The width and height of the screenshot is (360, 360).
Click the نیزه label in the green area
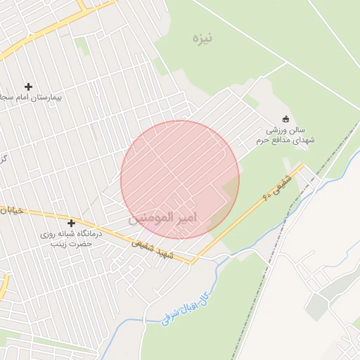click(x=202, y=37)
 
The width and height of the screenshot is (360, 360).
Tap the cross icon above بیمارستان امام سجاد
click(x=29, y=86)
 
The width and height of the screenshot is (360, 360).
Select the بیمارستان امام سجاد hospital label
click(x=32, y=97)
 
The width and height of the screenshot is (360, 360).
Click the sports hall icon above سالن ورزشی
click(x=285, y=119)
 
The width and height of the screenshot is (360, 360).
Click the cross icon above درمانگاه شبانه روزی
click(x=71, y=223)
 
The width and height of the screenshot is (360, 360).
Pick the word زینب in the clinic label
click(x=67, y=243)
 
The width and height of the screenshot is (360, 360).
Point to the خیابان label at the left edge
click(x=8, y=210)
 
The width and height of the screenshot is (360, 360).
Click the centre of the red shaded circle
click(x=180, y=179)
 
